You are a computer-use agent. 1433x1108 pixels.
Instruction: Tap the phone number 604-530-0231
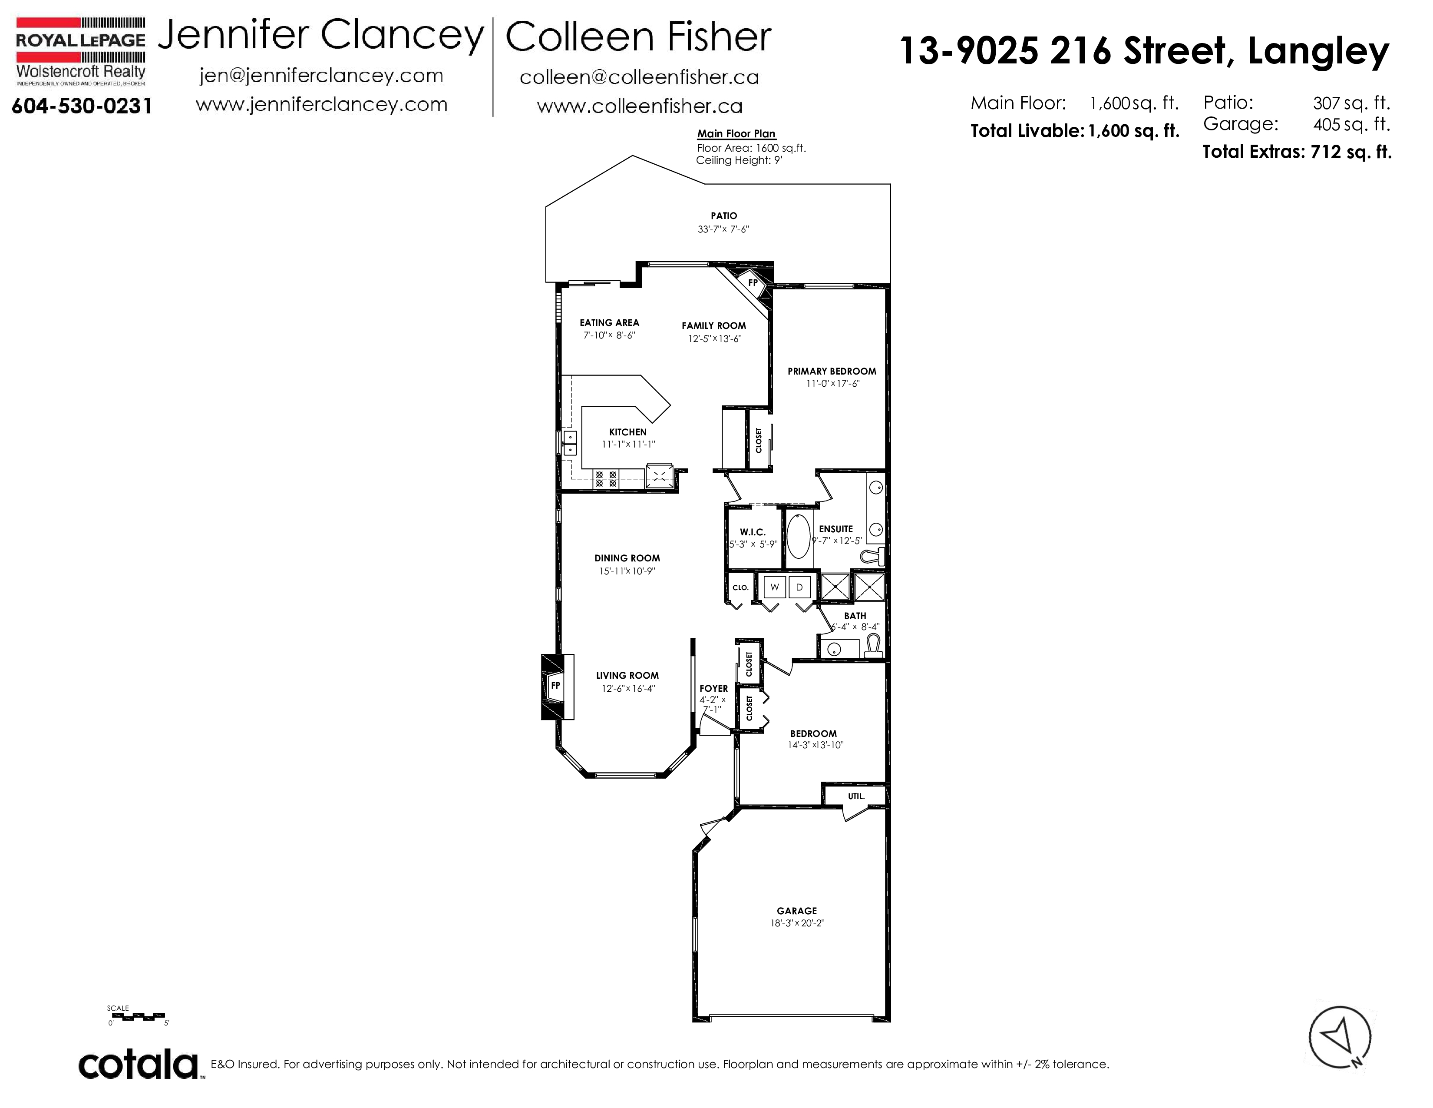[x=81, y=106]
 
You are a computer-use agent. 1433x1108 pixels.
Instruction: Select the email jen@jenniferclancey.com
[x=321, y=76]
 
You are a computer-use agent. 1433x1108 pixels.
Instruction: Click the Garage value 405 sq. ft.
[x=1351, y=124]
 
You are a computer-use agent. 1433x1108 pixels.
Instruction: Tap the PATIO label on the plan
[x=724, y=215]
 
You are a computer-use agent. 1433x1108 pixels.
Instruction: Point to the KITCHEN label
[x=628, y=432]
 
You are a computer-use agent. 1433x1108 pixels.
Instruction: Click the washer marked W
[x=775, y=587]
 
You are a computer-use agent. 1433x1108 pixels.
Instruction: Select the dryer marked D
[x=799, y=587]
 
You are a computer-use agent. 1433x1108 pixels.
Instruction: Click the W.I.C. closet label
[x=753, y=532]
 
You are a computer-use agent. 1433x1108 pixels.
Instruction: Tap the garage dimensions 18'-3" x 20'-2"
[x=797, y=923]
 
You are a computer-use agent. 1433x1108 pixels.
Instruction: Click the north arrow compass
[x=1340, y=1038]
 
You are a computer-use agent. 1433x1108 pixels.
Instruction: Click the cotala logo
[x=139, y=1065]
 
